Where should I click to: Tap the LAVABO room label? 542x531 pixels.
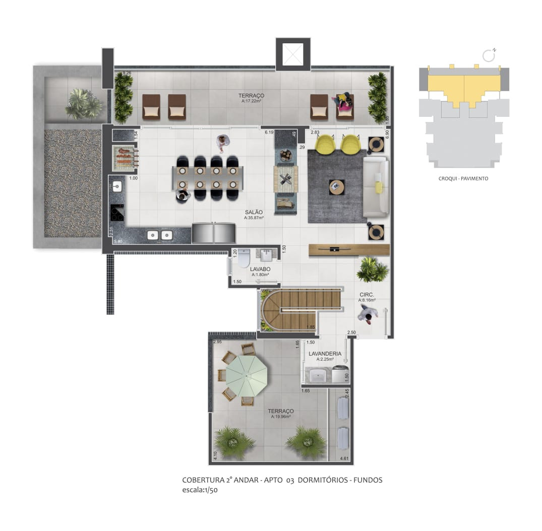click(x=260, y=269)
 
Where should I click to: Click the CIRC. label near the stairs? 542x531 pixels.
click(x=366, y=294)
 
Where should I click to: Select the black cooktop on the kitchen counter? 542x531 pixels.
click(x=117, y=213)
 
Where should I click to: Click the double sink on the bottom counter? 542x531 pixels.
click(x=159, y=235)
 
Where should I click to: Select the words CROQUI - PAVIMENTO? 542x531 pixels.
click(x=463, y=178)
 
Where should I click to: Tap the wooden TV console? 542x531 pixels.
click(x=349, y=249)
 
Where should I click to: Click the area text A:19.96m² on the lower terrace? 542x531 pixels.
click(x=281, y=417)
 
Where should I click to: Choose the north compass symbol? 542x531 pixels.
click(x=488, y=54)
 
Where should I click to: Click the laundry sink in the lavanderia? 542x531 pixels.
click(x=319, y=375)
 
